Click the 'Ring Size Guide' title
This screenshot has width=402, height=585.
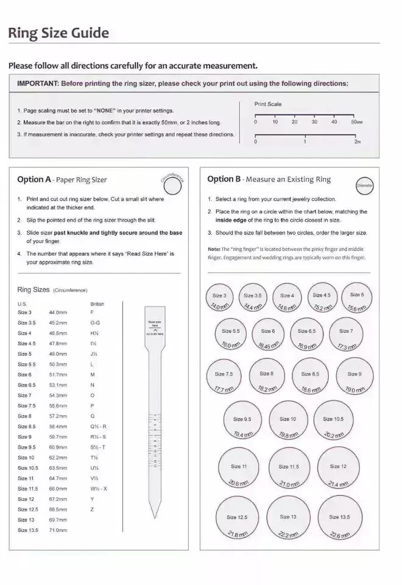58,33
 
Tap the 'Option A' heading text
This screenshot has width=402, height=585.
34,179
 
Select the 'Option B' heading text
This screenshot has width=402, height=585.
224,179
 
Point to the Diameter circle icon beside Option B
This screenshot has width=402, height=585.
364,185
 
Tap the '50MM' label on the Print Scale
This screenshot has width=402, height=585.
357,122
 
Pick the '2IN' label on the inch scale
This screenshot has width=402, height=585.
358,141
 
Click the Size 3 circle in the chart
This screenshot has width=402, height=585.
220,297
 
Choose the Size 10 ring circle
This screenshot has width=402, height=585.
289,421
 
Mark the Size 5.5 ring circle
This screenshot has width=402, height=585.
231,334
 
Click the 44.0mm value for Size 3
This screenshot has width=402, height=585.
57,312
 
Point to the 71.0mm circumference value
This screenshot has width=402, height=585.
58,530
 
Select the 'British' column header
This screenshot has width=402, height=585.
97,303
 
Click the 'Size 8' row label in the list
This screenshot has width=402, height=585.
24,416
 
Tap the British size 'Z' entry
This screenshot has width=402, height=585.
92,509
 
